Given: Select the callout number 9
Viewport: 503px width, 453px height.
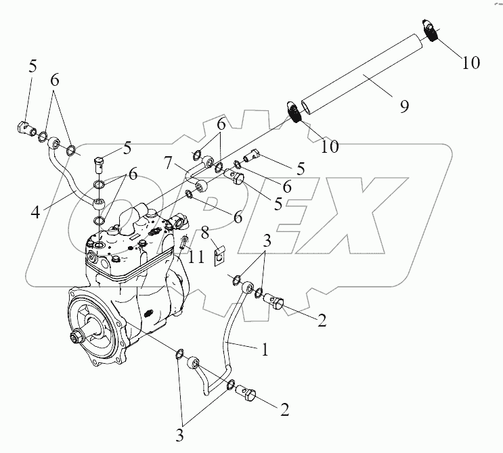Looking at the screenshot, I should pos(404,106).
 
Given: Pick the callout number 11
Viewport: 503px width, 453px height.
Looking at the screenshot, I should pos(195,257).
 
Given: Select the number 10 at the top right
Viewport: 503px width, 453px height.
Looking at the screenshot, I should pos(471,62).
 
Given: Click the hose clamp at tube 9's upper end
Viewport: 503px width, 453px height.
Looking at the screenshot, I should pos(431,31).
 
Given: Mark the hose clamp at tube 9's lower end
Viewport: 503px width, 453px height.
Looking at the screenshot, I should pos(295,112).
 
